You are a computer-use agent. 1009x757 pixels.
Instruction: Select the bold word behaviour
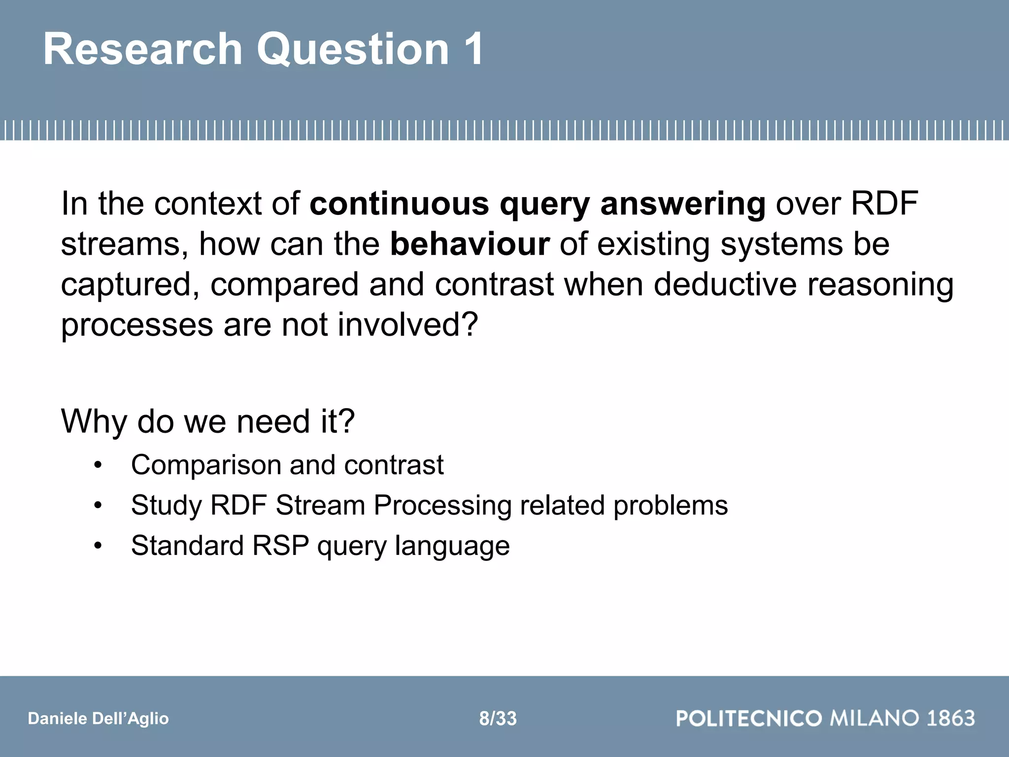(x=470, y=244)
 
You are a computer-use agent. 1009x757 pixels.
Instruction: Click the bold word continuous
(x=399, y=204)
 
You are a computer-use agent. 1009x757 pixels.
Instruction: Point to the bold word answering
(x=683, y=204)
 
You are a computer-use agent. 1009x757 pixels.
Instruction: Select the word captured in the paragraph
(x=130, y=285)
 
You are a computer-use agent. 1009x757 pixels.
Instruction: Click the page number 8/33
(x=498, y=719)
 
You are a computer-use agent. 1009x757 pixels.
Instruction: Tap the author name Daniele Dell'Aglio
(x=99, y=719)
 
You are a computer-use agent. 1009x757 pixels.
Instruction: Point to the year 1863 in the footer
(x=951, y=718)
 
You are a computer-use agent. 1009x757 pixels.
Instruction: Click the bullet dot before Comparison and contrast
(x=98, y=465)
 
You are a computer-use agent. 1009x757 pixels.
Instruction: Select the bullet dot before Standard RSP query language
(x=98, y=546)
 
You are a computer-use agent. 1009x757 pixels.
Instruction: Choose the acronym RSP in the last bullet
(x=280, y=546)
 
